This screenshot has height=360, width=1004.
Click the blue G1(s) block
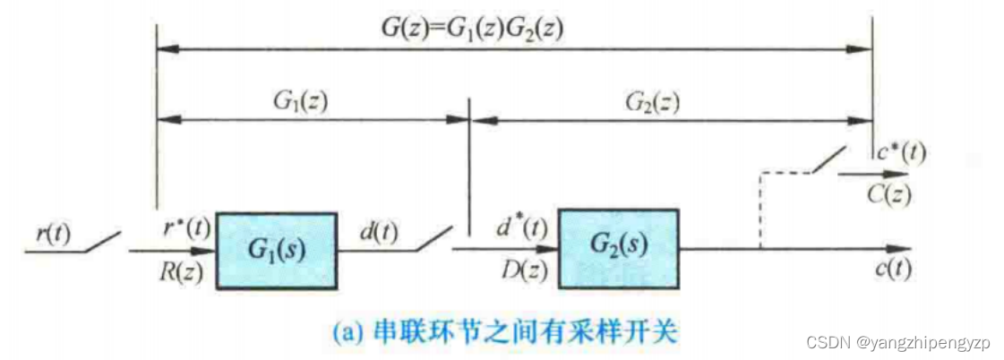276,251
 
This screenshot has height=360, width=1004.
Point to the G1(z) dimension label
301,100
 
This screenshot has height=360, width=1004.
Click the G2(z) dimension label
651,101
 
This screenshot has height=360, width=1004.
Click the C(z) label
897,191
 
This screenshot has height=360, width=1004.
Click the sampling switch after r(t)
101,242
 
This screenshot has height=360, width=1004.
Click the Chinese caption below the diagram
505,334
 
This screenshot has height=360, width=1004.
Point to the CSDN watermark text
898,343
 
